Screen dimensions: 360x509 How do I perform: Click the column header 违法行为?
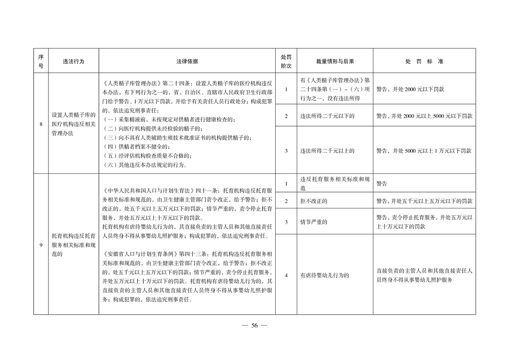click(73, 61)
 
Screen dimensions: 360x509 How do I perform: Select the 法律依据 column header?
click(187, 61)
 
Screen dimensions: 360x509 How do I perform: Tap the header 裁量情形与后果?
click(335, 61)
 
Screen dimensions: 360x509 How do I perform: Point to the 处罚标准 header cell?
click(424, 61)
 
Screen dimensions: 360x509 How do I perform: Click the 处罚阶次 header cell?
click(286, 61)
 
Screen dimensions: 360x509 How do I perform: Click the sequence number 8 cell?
click(41, 123)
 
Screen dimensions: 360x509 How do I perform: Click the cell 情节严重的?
click(313, 222)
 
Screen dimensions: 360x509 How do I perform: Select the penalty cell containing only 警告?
click(382, 184)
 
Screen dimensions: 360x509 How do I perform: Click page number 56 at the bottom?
click(254, 325)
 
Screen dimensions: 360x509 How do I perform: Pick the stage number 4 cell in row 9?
click(286, 275)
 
